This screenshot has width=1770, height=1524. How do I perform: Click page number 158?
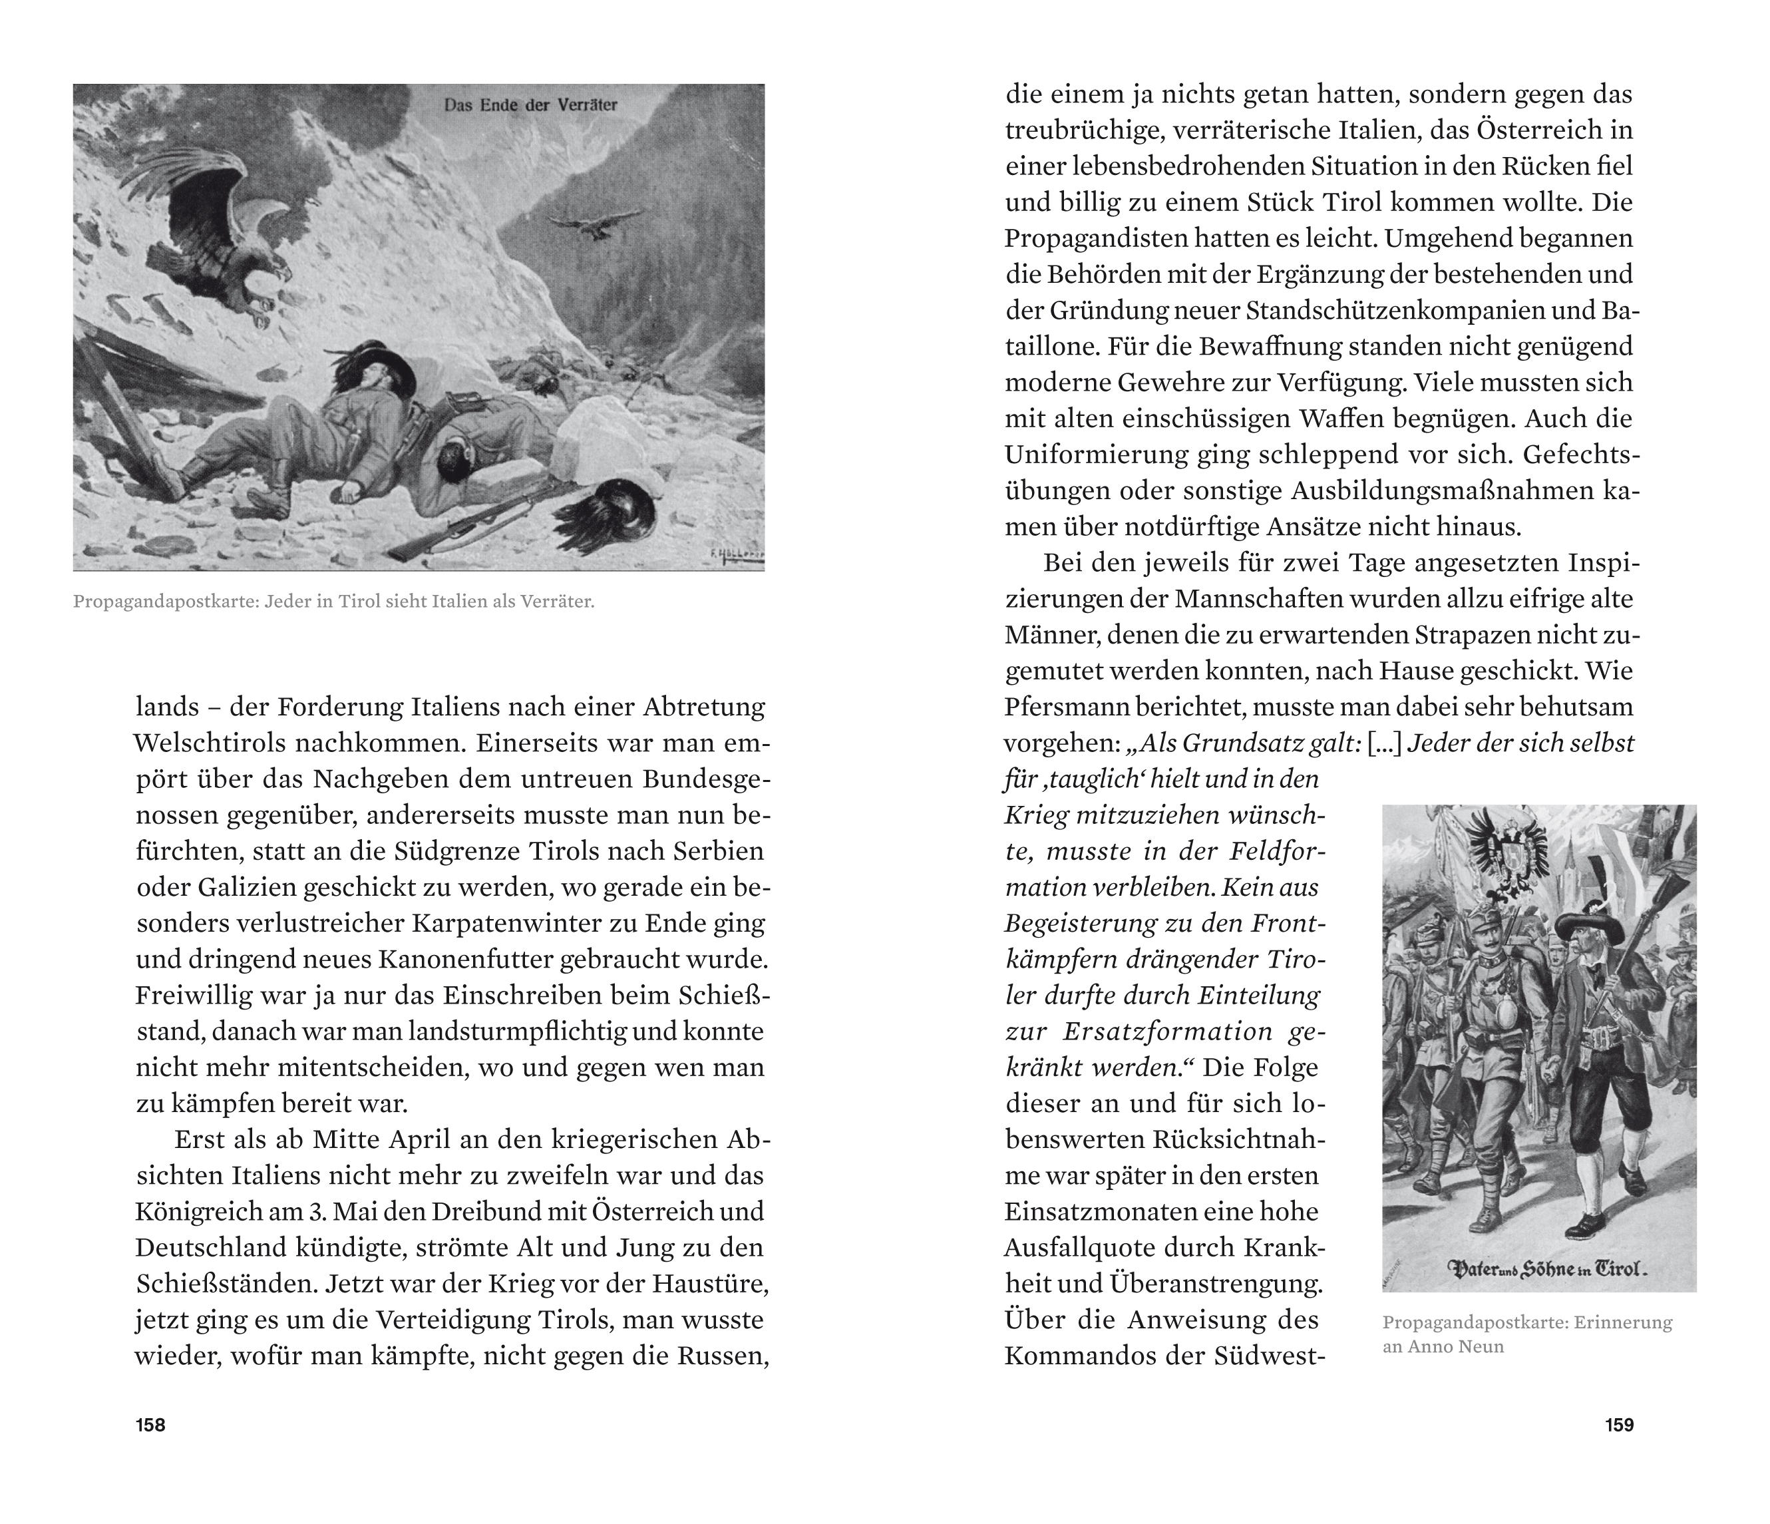pyautogui.click(x=150, y=1425)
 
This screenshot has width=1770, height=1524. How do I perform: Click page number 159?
pyautogui.click(x=1619, y=1425)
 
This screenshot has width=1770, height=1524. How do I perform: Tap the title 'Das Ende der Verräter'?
pyautogui.click(x=530, y=106)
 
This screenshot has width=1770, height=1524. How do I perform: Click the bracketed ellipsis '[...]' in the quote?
pyautogui.click(x=1384, y=743)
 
